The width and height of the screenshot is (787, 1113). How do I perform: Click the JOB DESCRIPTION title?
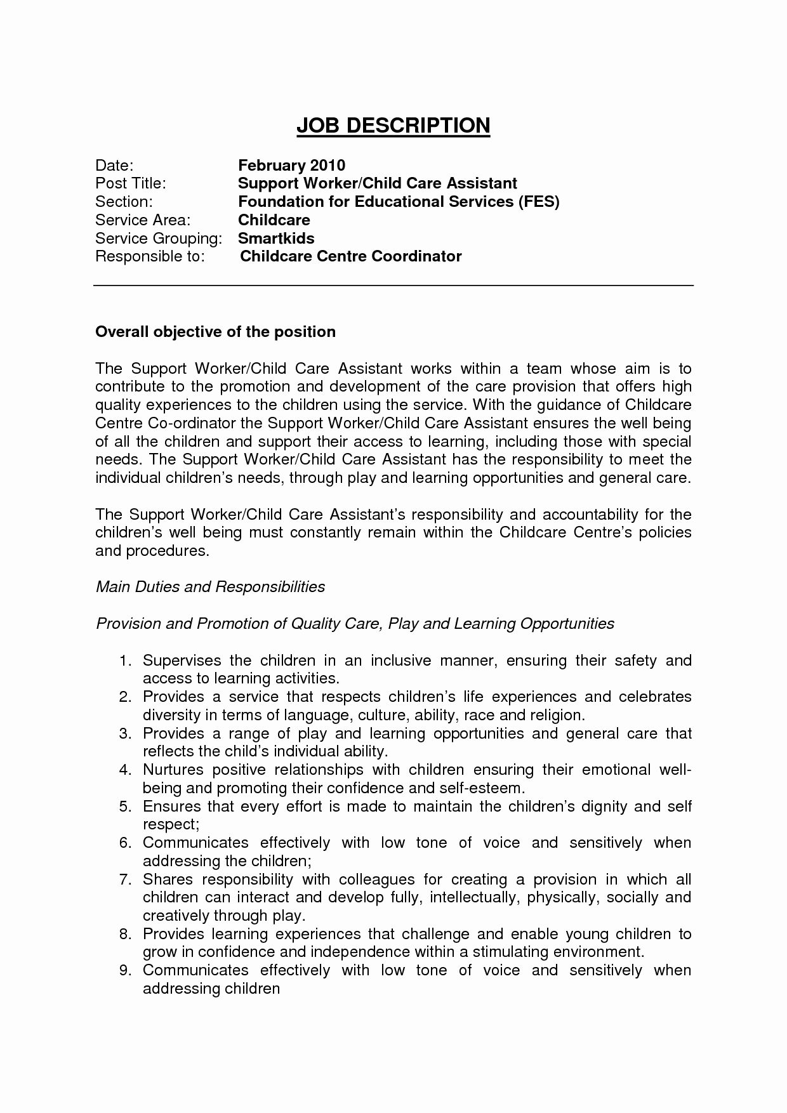[x=393, y=126]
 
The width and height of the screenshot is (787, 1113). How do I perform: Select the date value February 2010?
[x=291, y=166]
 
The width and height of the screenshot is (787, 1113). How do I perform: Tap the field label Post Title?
[x=130, y=183]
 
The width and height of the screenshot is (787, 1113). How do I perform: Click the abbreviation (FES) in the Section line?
[x=538, y=202]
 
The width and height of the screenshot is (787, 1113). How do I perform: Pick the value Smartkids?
[x=276, y=239]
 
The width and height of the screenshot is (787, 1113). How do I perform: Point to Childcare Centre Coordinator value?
[x=351, y=256]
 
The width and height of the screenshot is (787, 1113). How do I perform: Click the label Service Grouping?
[x=159, y=239]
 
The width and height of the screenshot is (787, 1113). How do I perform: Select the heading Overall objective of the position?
[x=215, y=332]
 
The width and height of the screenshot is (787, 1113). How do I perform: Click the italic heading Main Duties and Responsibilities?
[x=210, y=586]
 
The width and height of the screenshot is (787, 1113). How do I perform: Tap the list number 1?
[x=125, y=661]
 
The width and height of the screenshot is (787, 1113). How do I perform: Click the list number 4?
[x=125, y=770]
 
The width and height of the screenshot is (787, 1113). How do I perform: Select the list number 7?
[x=125, y=879]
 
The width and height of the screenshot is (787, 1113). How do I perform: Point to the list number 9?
[x=125, y=970]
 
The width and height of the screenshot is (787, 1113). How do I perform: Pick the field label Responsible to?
[x=150, y=256]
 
